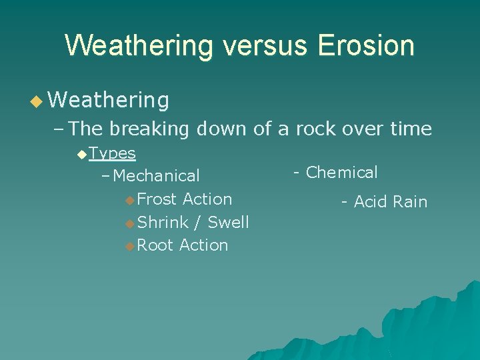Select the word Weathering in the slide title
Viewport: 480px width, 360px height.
pos(137,46)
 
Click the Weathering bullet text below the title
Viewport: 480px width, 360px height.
pos(109,101)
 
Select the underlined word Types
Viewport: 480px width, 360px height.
pos(112,153)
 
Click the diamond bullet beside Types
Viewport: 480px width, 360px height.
pos(81,155)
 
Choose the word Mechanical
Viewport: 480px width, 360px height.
pos(157,176)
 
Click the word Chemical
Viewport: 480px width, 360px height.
pos(341,173)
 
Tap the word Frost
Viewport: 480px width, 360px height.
pos(157,199)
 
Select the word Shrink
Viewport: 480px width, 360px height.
pos(161,223)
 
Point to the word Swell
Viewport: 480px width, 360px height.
pos(228,223)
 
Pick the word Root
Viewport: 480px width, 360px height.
pos(155,245)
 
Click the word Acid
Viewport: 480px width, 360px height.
pos(369,202)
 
